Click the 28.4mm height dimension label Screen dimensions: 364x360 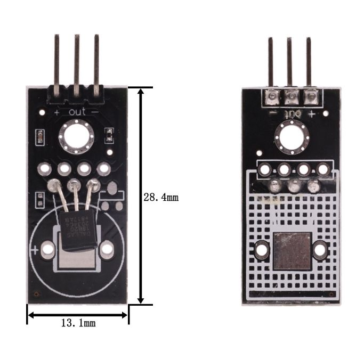[161, 198]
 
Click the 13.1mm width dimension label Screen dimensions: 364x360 [78, 323]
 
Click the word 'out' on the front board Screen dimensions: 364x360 [77, 112]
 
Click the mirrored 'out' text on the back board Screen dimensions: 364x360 [292, 113]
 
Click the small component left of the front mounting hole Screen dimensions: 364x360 [40, 137]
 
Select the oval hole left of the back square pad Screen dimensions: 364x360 [262, 250]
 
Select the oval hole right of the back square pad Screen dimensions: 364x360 [320, 250]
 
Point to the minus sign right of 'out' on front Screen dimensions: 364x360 [95, 112]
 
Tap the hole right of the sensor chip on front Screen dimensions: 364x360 [107, 249]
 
